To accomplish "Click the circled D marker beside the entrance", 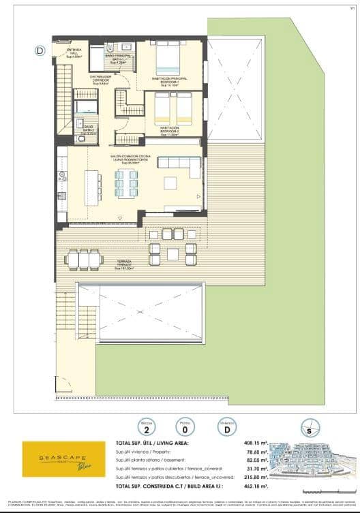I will [x=40, y=50].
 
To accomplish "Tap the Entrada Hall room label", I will [x=74, y=54].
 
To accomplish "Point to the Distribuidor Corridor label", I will [x=100, y=80].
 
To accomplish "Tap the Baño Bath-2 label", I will [x=88, y=129].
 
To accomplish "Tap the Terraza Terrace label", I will [x=123, y=264].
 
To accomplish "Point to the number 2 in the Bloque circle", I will [x=145, y=430].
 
